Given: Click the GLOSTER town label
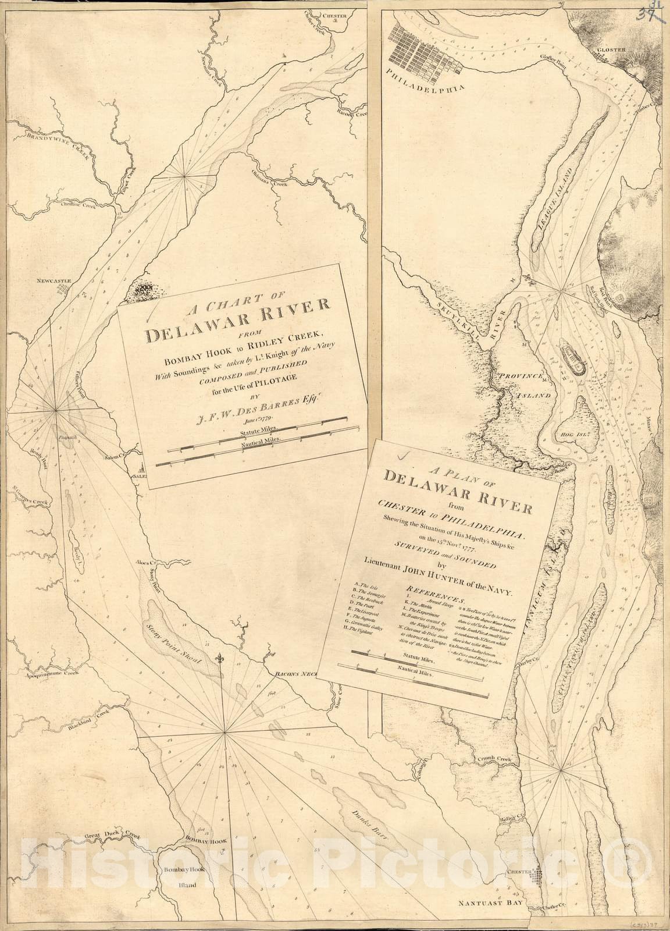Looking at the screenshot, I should [611, 50].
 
